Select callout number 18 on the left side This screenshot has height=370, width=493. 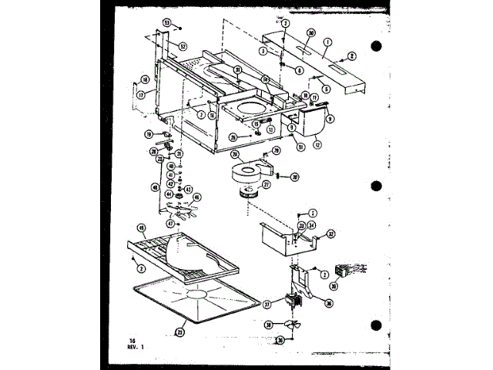(x=145, y=79)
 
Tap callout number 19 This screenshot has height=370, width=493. (x=148, y=134)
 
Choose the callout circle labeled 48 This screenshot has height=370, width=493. (x=155, y=187)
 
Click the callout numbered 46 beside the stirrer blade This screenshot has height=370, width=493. (x=196, y=197)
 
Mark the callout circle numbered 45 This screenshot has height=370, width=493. (x=141, y=227)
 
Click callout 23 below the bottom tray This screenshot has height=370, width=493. (x=180, y=332)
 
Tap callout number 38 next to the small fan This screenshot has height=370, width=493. (x=269, y=325)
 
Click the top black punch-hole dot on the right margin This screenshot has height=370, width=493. (x=377, y=47)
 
